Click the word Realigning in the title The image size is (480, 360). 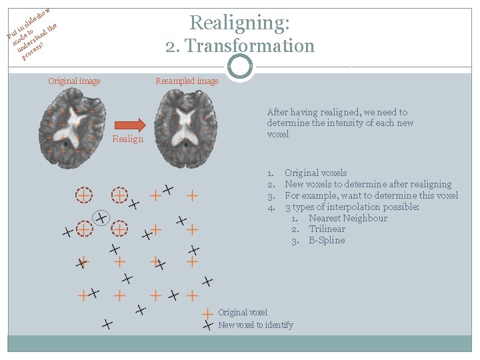(239, 23)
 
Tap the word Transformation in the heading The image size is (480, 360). (250, 46)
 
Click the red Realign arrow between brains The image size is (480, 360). (130, 125)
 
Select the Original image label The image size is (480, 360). (74, 81)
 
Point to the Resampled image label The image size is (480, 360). (187, 81)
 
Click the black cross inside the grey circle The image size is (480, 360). (101, 218)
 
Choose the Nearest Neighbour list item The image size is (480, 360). (348, 218)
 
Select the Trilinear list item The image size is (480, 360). (327, 229)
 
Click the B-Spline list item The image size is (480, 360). (327, 240)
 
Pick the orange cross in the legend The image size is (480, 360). (207, 314)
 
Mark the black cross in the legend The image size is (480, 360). (208, 325)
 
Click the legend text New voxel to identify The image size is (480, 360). (255, 325)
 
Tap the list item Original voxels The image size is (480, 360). (316, 173)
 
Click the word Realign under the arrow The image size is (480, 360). (127, 139)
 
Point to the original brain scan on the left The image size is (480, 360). (72, 128)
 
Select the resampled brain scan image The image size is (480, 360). (185, 129)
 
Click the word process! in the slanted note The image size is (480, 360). (33, 51)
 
